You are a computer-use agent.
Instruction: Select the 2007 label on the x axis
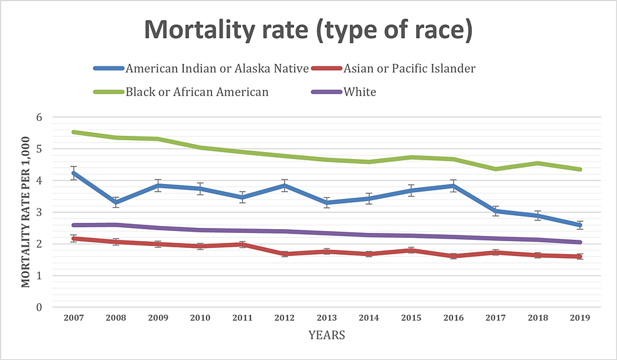(x=74, y=317)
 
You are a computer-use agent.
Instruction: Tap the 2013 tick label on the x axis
(x=327, y=317)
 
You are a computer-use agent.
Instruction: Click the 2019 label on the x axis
(x=580, y=317)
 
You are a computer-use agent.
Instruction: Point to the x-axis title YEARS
(x=327, y=336)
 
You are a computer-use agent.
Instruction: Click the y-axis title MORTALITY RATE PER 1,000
(x=26, y=212)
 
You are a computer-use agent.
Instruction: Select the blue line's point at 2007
(x=74, y=173)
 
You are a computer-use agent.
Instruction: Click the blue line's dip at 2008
(x=116, y=202)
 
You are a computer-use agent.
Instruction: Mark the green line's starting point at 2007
(x=74, y=132)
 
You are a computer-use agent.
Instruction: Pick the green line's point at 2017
(x=496, y=169)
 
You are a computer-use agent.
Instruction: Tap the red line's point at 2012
(x=285, y=254)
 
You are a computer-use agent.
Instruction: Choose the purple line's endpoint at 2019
(x=580, y=242)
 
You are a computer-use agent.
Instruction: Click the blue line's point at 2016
(x=454, y=185)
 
